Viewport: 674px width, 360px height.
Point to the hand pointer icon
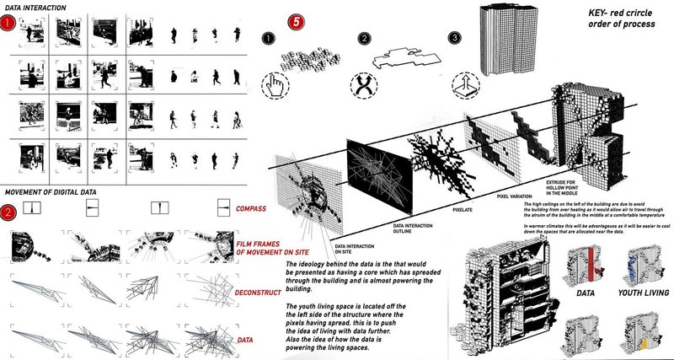coord(274,84)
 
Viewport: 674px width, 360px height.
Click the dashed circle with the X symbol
coord(365,84)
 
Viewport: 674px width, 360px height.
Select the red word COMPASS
coord(257,207)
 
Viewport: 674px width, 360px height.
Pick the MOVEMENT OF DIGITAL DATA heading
coord(53,191)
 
